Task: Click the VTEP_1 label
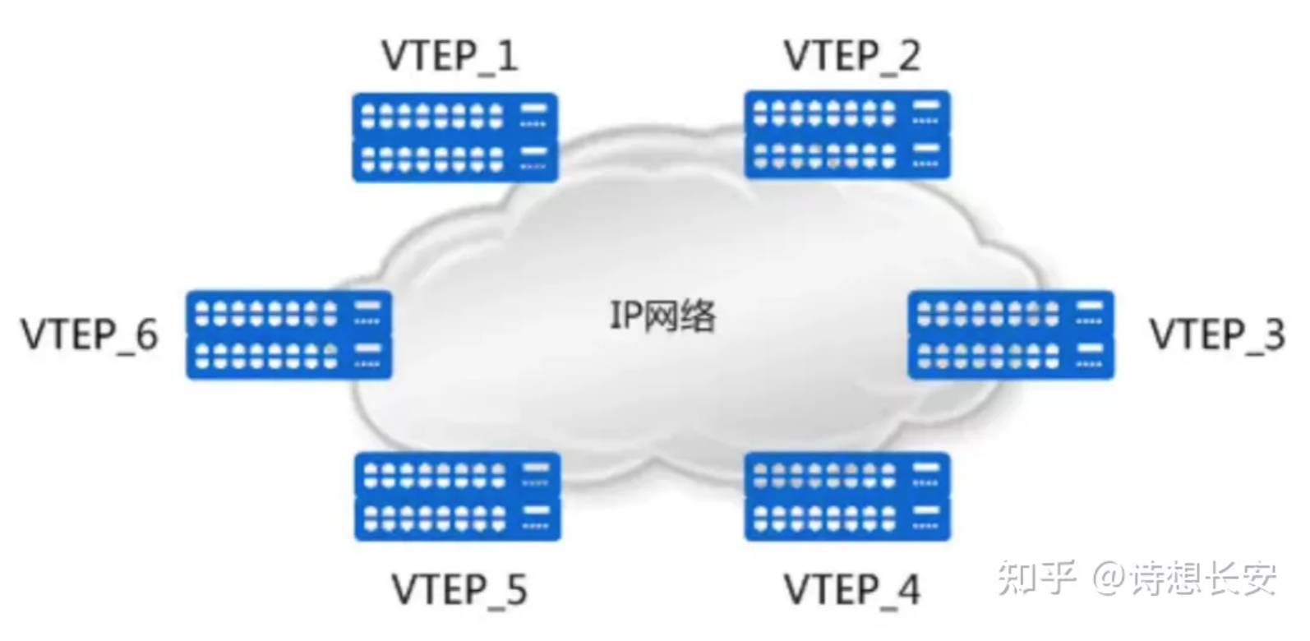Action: (450, 56)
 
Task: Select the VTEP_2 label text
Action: (851, 56)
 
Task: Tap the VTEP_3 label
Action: (1216, 334)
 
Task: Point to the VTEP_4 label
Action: (851, 589)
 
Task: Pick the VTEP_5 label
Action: (459, 589)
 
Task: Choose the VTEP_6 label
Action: (90, 334)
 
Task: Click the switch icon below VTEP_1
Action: (455, 137)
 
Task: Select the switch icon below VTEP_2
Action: (847, 135)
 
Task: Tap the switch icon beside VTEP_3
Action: (1011, 335)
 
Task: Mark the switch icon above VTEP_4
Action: (847, 496)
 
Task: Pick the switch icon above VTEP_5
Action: (458, 496)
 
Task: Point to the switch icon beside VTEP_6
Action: (289, 335)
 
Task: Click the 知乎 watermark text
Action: (1036, 578)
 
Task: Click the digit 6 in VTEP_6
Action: (145, 334)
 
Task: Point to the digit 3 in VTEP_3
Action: (1273, 334)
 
